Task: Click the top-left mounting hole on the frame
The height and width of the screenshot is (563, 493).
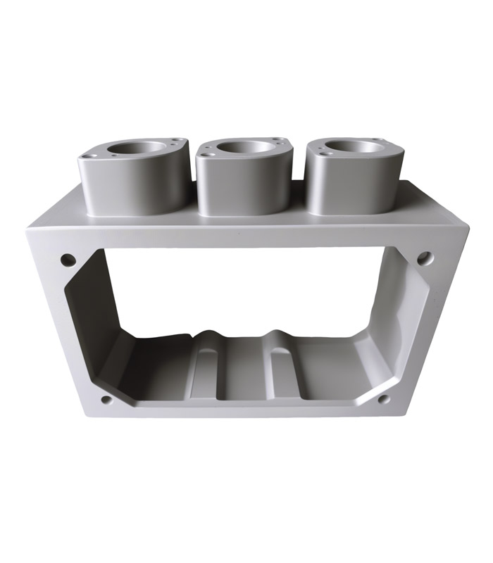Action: click(68, 260)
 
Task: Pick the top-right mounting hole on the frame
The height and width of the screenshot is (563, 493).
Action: click(424, 258)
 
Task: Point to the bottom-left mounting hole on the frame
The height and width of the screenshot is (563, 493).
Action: click(106, 400)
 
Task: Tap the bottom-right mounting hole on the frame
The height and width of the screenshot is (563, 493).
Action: click(384, 399)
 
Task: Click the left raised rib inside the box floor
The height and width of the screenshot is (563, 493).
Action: click(206, 366)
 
